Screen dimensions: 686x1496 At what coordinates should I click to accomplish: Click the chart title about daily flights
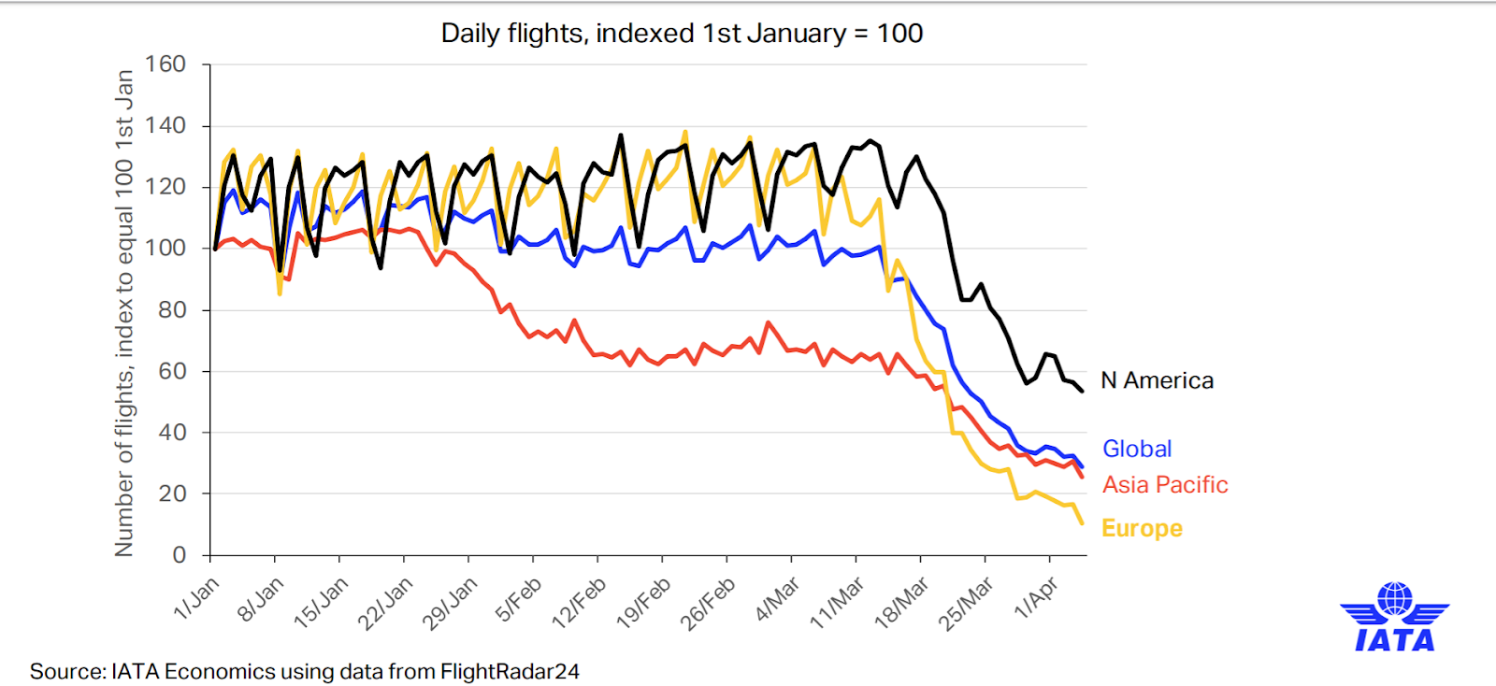[682, 34]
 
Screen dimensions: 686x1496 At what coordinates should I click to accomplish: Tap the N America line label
[1157, 380]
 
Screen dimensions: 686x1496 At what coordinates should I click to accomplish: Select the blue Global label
[1136, 449]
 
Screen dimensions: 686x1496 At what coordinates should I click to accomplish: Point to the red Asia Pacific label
[1164, 485]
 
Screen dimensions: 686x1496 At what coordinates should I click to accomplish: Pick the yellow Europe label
[1142, 528]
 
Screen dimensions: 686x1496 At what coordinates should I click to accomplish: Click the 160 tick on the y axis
[165, 64]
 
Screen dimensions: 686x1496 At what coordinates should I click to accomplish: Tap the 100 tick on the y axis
[165, 249]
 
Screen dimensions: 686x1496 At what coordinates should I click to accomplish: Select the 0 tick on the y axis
[179, 555]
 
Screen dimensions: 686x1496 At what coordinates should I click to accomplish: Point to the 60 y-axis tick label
[171, 371]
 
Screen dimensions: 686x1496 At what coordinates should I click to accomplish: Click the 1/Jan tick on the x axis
[197, 598]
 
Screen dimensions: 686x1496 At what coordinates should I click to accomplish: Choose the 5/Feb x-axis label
[519, 600]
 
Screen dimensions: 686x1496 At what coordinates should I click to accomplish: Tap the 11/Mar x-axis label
[837, 604]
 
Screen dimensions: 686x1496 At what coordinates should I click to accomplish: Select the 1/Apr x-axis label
[1037, 598]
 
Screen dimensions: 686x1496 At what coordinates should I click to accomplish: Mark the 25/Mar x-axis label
[967, 604]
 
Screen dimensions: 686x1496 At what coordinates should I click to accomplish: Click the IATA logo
[1394, 617]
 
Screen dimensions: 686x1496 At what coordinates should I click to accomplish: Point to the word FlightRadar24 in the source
[510, 671]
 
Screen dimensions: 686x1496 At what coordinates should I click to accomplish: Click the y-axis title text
[124, 313]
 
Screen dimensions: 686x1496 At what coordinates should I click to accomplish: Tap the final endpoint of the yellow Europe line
[1082, 523]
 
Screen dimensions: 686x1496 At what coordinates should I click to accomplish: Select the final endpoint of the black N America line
[1082, 391]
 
